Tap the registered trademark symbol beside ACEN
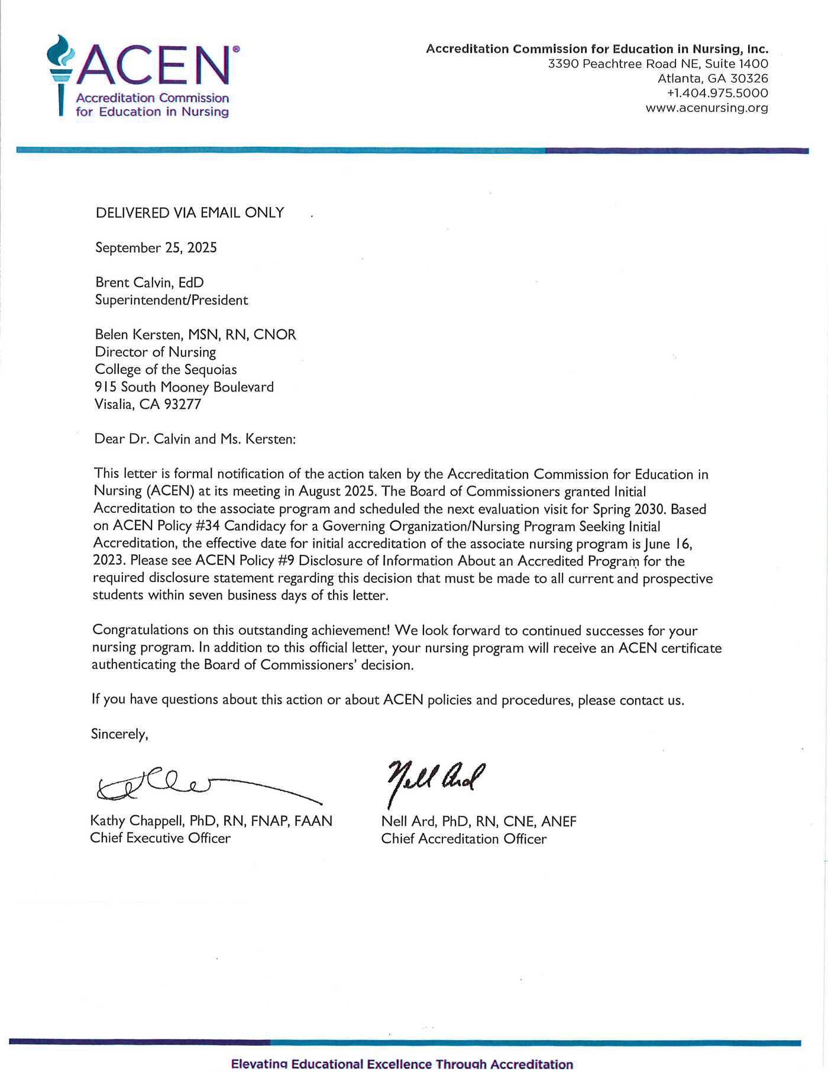[x=236, y=49]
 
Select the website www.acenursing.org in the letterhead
[x=707, y=108]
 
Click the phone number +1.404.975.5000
[x=717, y=93]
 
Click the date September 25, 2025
[x=156, y=247]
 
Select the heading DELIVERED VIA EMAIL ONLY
[x=190, y=212]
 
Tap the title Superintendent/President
[x=172, y=300]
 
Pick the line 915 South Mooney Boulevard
[x=184, y=387]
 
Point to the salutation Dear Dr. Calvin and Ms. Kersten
[x=195, y=439]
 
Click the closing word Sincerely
[x=119, y=734]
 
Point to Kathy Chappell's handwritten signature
[x=177, y=786]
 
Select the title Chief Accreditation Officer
[x=464, y=838]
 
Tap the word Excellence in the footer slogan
[x=399, y=1064]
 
